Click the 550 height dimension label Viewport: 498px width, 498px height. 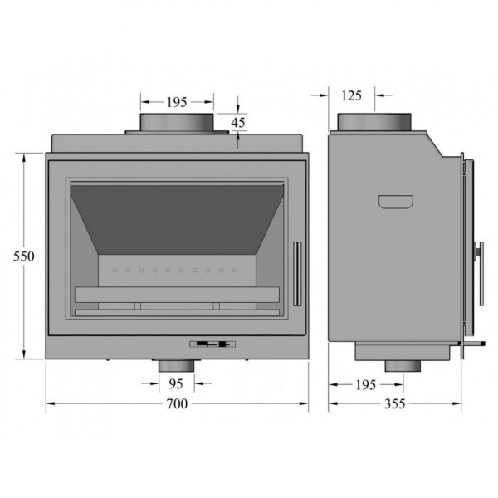24,256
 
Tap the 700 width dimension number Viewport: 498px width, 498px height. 177,403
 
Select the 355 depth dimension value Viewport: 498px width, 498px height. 395,403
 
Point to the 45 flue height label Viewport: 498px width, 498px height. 238,122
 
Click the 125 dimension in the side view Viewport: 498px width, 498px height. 351,95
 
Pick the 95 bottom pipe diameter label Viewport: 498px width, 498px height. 176,384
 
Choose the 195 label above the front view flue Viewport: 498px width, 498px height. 177,102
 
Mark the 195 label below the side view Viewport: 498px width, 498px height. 365,385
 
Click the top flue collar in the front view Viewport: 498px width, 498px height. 177,123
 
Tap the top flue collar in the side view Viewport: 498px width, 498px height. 374,122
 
